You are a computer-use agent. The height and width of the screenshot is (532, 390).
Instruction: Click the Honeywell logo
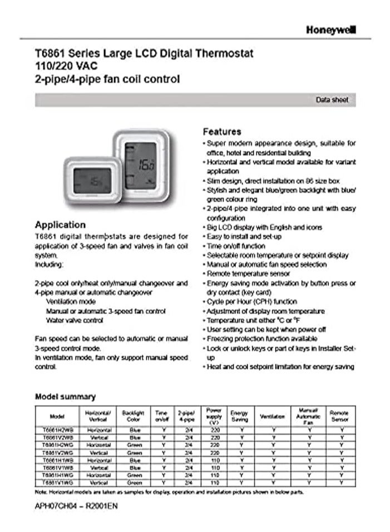click(x=330, y=29)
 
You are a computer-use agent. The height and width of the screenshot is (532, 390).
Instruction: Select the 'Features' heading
click(x=221, y=132)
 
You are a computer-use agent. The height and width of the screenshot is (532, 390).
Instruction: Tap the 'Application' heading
click(x=60, y=225)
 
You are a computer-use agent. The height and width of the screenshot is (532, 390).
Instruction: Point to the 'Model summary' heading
click(x=65, y=396)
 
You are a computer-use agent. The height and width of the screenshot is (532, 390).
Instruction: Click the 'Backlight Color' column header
click(x=133, y=415)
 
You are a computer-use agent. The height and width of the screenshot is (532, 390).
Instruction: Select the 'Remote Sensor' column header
click(x=339, y=416)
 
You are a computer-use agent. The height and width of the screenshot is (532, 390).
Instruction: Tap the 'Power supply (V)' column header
click(x=214, y=416)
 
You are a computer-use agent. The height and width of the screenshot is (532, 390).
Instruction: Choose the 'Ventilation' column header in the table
click(x=273, y=416)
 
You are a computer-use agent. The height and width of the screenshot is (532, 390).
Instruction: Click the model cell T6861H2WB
click(x=57, y=430)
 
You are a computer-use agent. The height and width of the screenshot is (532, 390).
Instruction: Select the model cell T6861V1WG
click(x=57, y=483)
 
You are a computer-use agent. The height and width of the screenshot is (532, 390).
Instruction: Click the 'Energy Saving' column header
click(x=240, y=416)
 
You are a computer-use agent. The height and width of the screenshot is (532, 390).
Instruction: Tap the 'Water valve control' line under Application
click(x=74, y=321)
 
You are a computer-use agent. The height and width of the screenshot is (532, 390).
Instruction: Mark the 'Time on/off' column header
click(x=162, y=416)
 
